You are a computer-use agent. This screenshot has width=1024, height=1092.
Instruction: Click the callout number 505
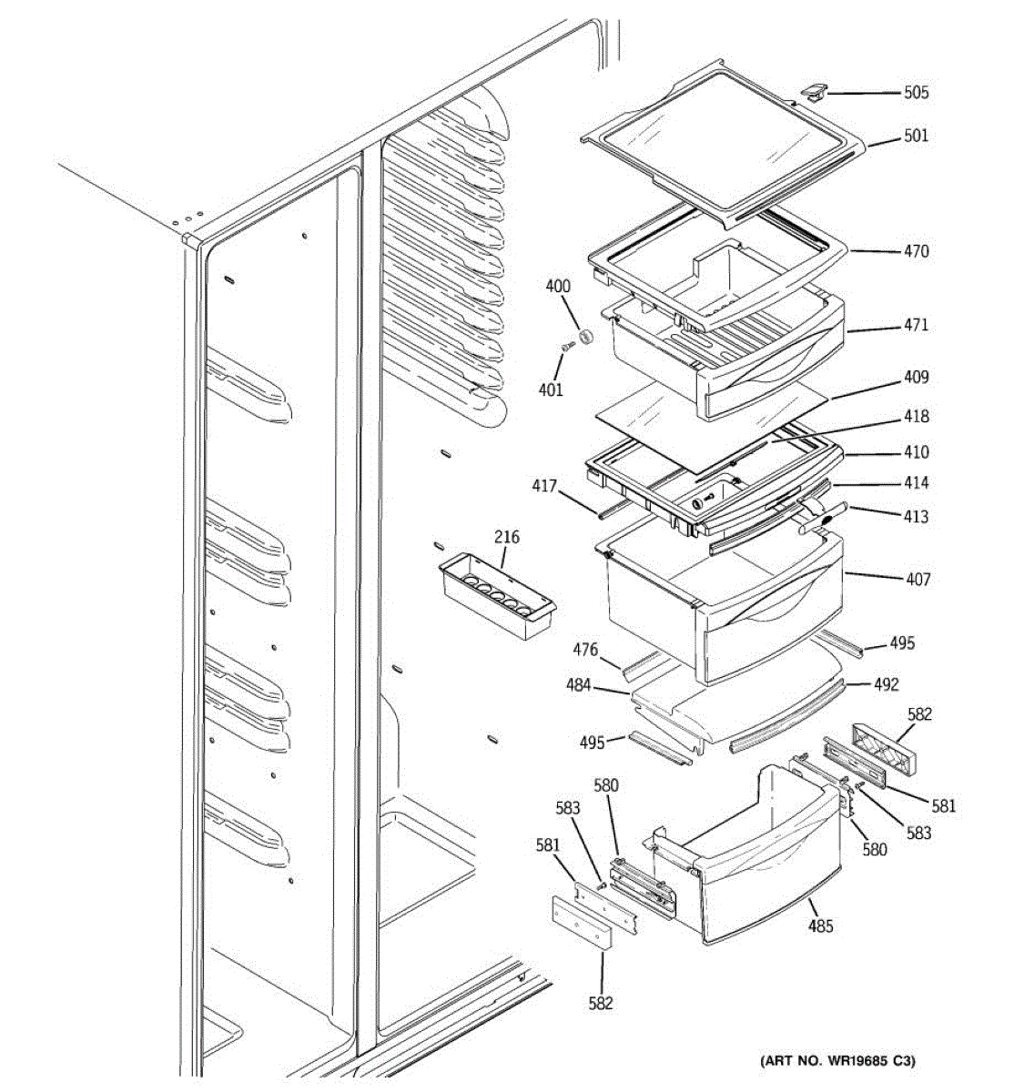[x=916, y=93]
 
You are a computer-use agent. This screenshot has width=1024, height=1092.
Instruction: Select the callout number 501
[x=916, y=136]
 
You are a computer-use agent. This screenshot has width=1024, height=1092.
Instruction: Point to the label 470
[x=916, y=251]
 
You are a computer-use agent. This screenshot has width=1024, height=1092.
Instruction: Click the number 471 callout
[x=916, y=325]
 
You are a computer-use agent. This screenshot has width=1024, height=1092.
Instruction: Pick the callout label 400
[x=558, y=287]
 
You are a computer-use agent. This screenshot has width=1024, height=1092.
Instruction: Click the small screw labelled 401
[x=570, y=346]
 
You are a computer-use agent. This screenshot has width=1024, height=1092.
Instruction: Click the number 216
[x=507, y=537]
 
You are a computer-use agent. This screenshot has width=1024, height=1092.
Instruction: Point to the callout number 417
[x=544, y=487]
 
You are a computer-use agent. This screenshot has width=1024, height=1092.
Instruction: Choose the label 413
[x=916, y=517]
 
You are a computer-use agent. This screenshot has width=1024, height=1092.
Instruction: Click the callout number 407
[x=918, y=579]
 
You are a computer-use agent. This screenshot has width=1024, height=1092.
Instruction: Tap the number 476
[x=585, y=650]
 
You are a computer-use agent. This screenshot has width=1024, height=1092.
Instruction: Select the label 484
[x=579, y=685]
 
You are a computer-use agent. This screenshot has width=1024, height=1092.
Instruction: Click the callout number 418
[x=916, y=417]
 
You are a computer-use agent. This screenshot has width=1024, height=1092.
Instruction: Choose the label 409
[x=916, y=378]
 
